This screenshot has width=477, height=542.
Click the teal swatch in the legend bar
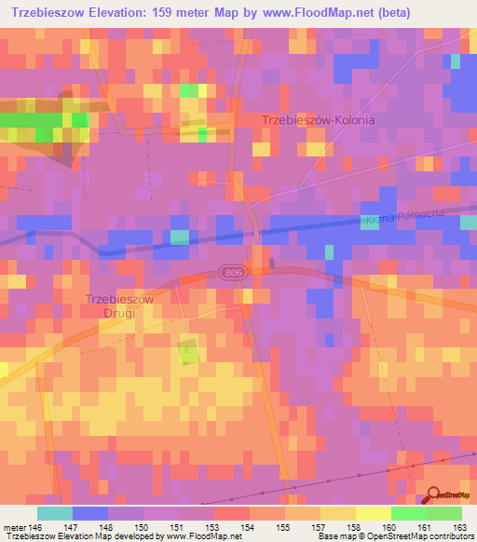(x=54, y=513)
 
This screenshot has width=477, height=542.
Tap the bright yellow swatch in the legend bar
(x=373, y=513)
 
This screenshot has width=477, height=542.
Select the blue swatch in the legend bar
(x=89, y=513)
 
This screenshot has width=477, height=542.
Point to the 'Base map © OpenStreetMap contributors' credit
(x=395, y=536)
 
